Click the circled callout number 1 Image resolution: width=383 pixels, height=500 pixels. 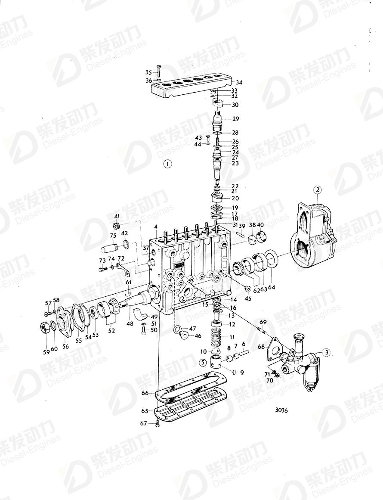tap(167, 164)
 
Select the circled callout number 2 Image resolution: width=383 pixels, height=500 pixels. tap(317, 189)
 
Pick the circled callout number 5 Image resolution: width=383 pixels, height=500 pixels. tap(202, 362)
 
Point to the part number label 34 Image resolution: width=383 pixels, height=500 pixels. tap(239, 82)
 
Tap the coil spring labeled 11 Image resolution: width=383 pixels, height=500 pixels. tap(217, 335)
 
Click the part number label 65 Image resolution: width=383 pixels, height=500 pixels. tap(145, 411)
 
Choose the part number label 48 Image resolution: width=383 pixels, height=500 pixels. tap(130, 321)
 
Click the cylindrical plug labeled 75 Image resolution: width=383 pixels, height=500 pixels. tap(110, 248)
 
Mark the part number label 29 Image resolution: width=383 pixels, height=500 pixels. tap(235, 118)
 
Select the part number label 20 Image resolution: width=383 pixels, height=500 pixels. tap(235, 199)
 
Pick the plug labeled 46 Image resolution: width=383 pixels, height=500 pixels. tap(184, 335)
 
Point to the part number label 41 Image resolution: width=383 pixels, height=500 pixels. tap(117, 216)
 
